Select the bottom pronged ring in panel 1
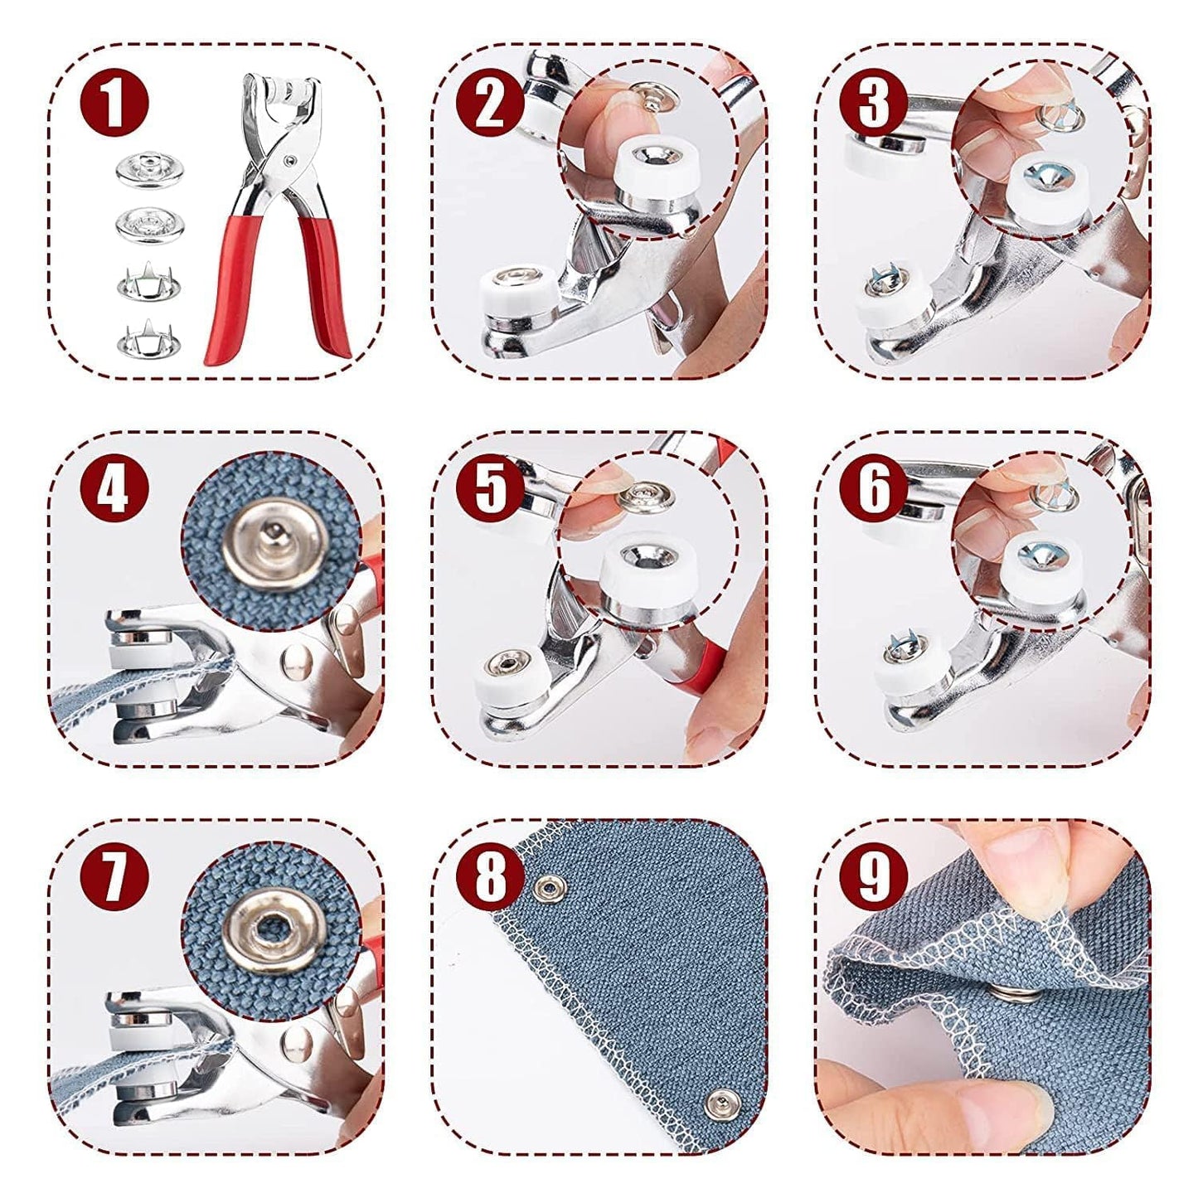pos(149,338)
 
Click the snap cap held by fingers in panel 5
pos(647,497)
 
